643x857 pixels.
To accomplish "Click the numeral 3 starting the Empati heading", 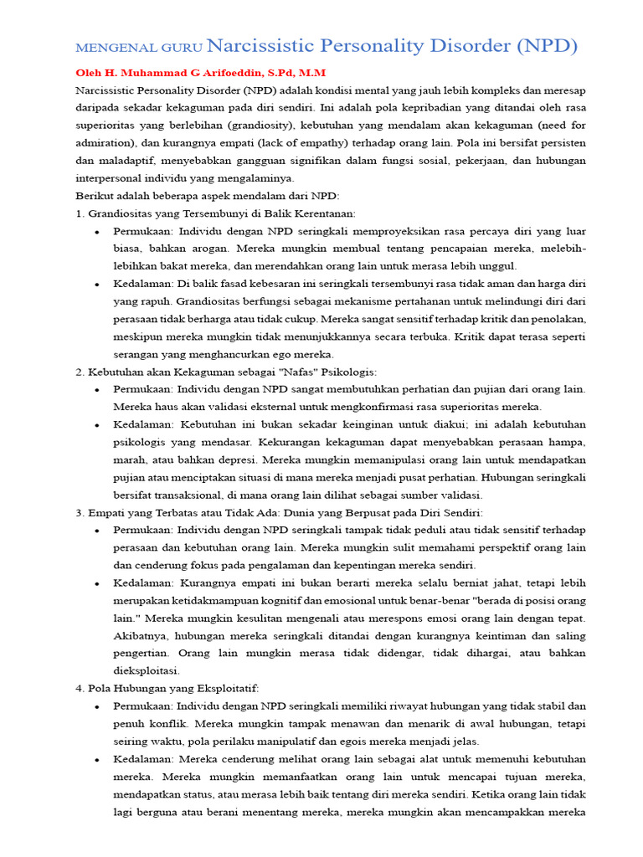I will pos(79,512).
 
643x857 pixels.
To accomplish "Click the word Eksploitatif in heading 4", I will pos(221,688).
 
